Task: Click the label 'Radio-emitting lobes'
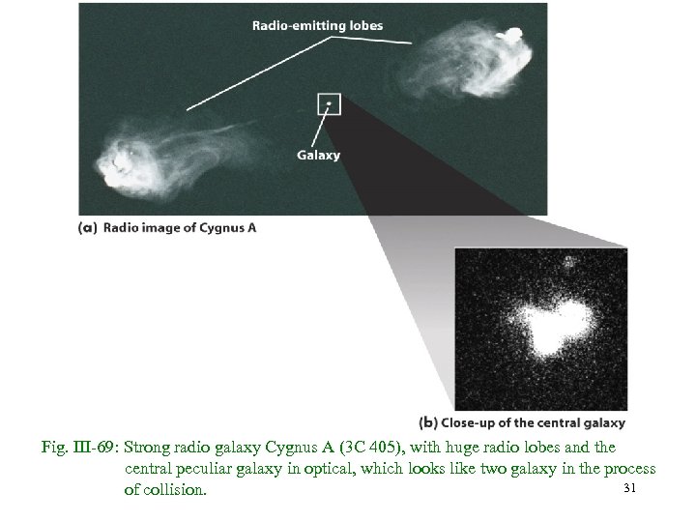316,26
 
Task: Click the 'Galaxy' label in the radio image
317,155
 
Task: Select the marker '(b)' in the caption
430,422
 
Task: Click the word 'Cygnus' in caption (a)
225,228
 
